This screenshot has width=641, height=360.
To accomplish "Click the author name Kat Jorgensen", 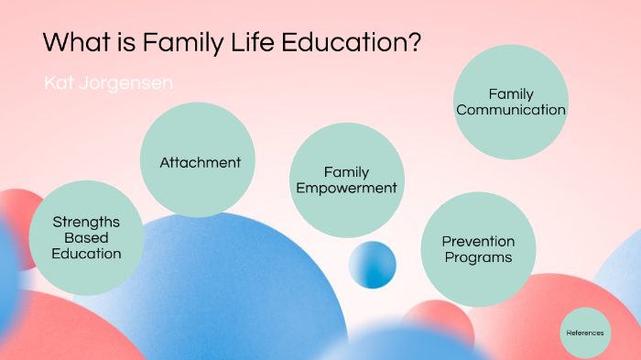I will tap(108, 83).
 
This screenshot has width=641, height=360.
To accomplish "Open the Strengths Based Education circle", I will tap(86, 237).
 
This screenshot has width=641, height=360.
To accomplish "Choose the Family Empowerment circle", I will tap(346, 180).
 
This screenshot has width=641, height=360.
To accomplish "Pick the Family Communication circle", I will tap(511, 102).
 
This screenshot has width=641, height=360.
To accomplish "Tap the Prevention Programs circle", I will tap(478, 249).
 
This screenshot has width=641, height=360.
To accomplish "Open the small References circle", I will tap(584, 333).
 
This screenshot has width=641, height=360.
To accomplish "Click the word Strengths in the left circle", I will tap(86, 222).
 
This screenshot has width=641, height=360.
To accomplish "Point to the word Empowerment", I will tap(346, 189).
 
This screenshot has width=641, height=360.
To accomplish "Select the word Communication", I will tap(511, 110).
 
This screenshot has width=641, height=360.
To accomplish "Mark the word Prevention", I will tap(478, 241).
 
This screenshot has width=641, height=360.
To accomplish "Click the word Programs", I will tap(478, 257).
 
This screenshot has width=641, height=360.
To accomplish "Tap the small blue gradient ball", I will tap(372, 265).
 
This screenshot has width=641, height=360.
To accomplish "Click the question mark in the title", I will tap(415, 42).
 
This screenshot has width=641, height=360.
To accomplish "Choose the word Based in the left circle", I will tap(86, 237).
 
